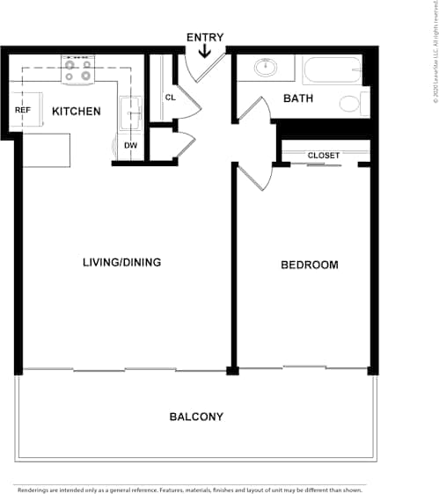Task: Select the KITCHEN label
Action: click(76, 112)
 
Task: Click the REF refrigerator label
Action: click(23, 111)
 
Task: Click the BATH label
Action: click(298, 98)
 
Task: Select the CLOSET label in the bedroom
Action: click(323, 156)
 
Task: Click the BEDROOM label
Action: click(309, 265)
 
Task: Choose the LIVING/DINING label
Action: click(121, 262)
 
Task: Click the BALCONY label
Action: click(196, 417)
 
